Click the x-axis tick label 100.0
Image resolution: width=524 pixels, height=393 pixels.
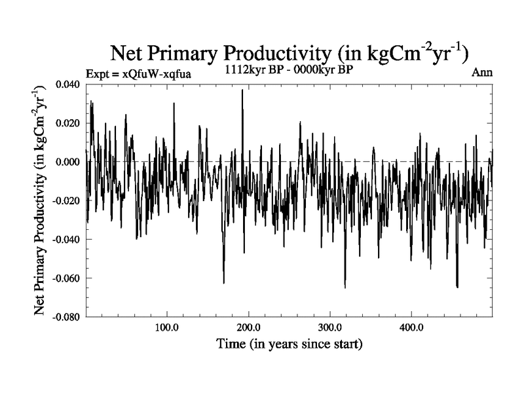(166, 327)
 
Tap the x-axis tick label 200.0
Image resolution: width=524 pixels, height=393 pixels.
(248, 327)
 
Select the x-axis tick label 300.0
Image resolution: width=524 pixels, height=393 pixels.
(329, 327)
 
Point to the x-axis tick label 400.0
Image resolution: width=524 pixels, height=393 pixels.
(411, 327)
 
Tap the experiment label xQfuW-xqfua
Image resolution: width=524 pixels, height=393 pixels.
(138, 73)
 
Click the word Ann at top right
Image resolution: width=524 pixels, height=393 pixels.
(481, 73)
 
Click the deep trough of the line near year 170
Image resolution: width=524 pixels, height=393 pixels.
(224, 282)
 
